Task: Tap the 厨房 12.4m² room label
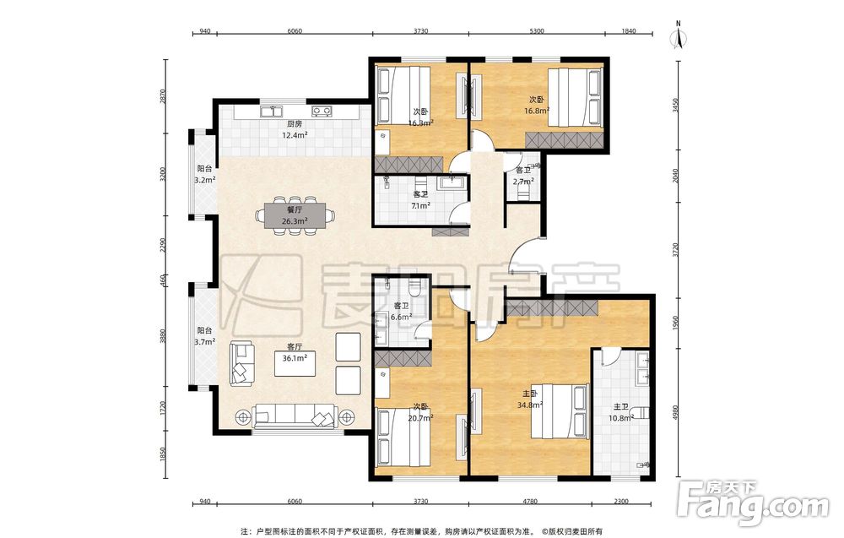295,130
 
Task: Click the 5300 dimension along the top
537,30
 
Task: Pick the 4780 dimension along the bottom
530,502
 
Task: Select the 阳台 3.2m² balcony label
204,174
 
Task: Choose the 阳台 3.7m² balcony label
204,335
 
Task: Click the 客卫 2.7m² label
523,177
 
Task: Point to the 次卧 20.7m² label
420,411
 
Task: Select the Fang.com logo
754,503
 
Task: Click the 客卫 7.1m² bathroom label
420,200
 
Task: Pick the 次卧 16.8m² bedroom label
537,105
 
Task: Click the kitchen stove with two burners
322,111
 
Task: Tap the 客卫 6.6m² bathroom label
401,312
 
